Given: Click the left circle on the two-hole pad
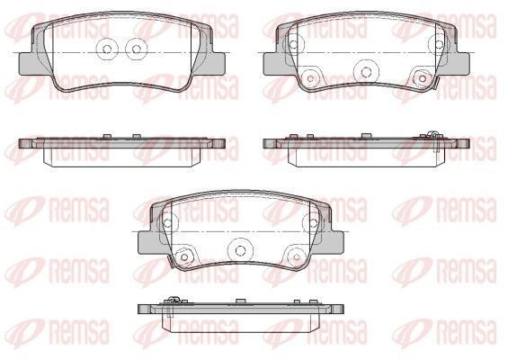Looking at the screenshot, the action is pyautogui.click(x=107, y=49).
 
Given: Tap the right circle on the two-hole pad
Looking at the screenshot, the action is pyautogui.click(x=137, y=49).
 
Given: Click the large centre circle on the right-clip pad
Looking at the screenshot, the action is pyautogui.click(x=366, y=71).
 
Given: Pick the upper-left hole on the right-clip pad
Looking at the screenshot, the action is pyautogui.click(x=293, y=44).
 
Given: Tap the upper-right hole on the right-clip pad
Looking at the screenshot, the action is pyautogui.click(x=439, y=44).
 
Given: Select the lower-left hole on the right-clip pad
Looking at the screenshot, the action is pyautogui.click(x=310, y=78).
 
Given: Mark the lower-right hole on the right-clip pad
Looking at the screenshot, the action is pyautogui.click(x=423, y=78).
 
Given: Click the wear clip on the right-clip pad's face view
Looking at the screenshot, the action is pyautogui.click(x=435, y=84).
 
